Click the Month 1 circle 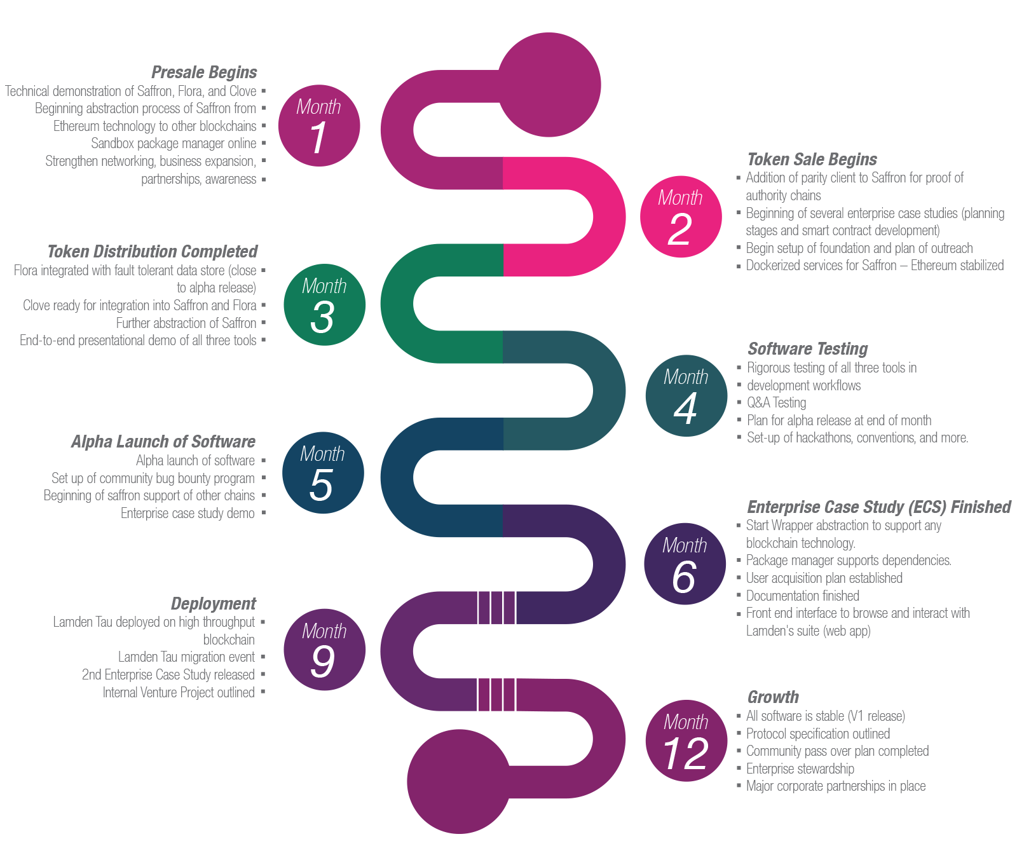pyautogui.click(x=319, y=126)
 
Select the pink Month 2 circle pyautogui.click(x=680, y=216)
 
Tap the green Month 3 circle pyautogui.click(x=324, y=305)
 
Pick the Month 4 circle pyautogui.click(x=686, y=395)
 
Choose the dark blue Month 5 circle pyautogui.click(x=323, y=473)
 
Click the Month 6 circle pyautogui.click(x=685, y=564)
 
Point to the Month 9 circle pyautogui.click(x=324, y=650)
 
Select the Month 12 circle pyautogui.click(x=686, y=741)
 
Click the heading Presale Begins pyautogui.click(x=204, y=72)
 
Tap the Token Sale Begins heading pyautogui.click(x=812, y=160)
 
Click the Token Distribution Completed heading pyautogui.click(x=153, y=252)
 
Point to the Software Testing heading pyautogui.click(x=807, y=349)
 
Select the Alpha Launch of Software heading pyautogui.click(x=163, y=442)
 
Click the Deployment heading pyautogui.click(x=214, y=604)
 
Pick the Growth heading pyautogui.click(x=773, y=697)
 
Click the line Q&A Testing pyautogui.click(x=776, y=403)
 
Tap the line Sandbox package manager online pyautogui.click(x=174, y=144)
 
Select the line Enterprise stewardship pyautogui.click(x=800, y=769)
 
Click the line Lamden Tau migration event pyautogui.click(x=186, y=657)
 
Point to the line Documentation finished pyautogui.click(x=802, y=596)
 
